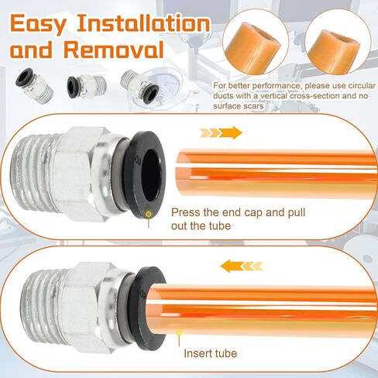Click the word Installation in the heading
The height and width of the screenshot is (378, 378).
(143, 23)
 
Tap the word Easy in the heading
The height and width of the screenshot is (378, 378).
(38, 25)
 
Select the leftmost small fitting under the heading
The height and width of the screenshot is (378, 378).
(34, 85)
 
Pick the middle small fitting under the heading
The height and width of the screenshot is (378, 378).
(87, 86)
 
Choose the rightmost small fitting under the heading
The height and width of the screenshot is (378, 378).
(139, 86)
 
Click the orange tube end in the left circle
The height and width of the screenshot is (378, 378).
(253, 47)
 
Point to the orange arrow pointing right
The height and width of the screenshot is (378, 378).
(221, 132)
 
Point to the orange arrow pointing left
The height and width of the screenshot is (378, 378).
(242, 266)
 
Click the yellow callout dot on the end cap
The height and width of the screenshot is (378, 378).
(149, 214)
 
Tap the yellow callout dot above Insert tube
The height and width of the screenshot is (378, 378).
(179, 333)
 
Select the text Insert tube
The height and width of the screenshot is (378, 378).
(211, 353)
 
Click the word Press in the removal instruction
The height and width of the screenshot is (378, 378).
(186, 212)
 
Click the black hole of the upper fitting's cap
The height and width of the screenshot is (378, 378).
(151, 174)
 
